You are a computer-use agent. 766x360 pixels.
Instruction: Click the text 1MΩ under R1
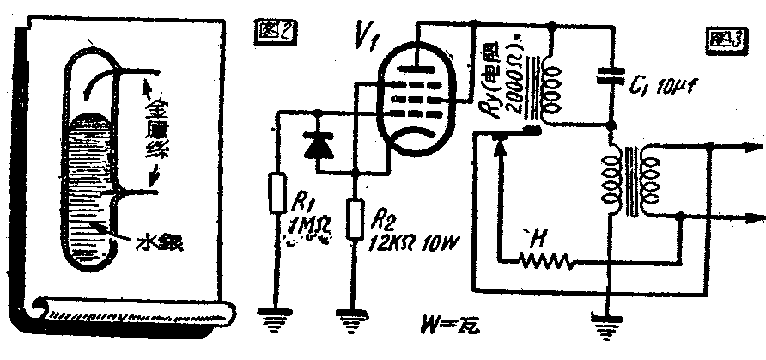point(306,230)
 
